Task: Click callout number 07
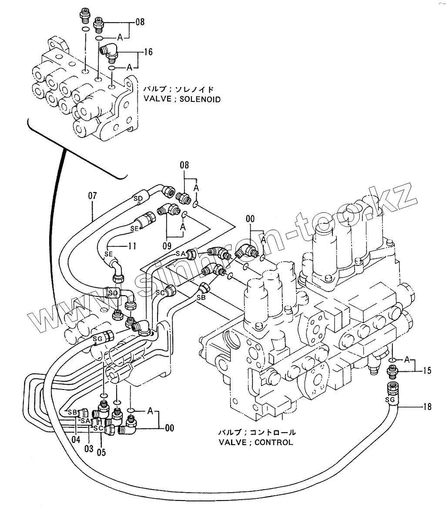[92, 195]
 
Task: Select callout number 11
[132, 246]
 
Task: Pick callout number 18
[427, 407]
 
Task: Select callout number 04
[76, 439]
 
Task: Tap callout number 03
[89, 448]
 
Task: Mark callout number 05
[101, 452]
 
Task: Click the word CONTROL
[274, 443]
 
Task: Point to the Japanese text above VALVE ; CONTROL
[256, 433]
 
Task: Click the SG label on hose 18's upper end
[390, 399]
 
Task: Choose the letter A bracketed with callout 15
[407, 359]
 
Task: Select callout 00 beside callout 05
[169, 429]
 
